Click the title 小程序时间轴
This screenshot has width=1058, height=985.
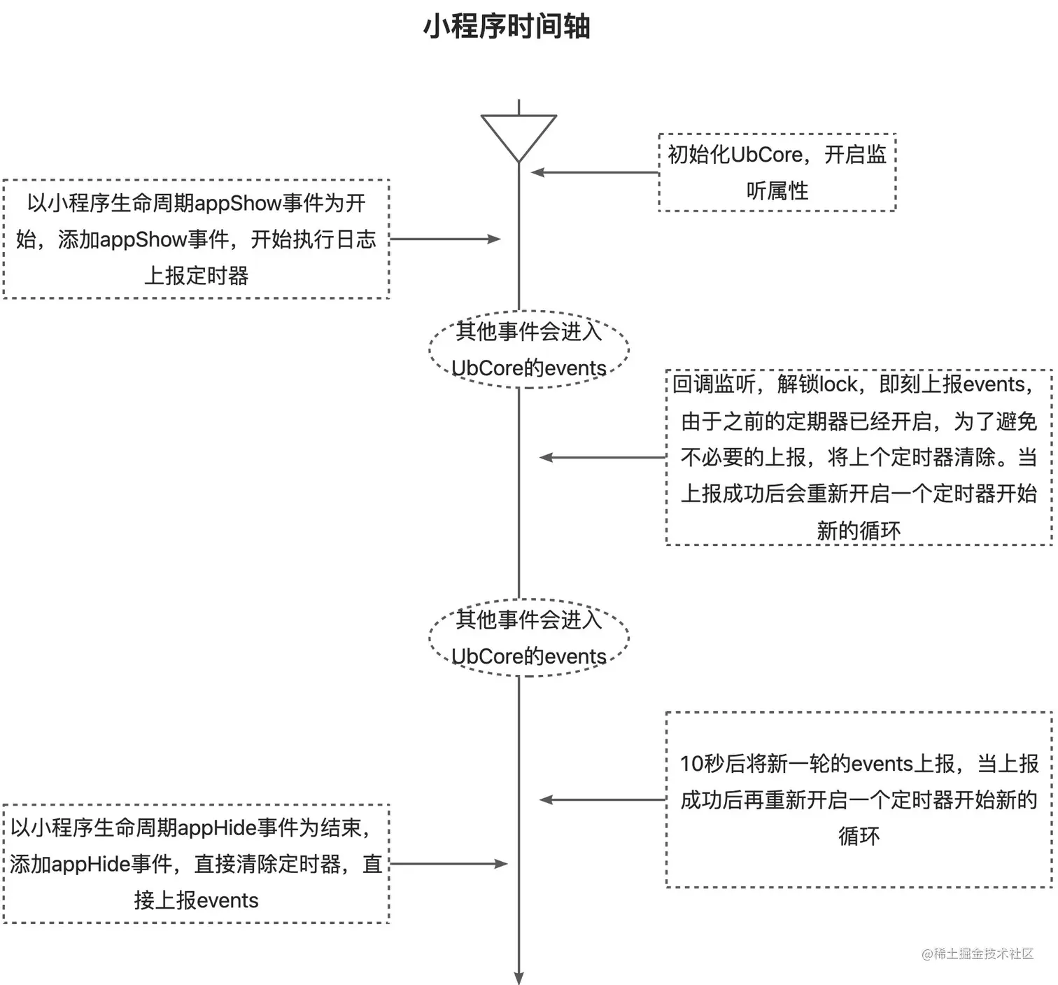click(507, 27)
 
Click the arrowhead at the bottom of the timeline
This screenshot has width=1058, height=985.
click(519, 978)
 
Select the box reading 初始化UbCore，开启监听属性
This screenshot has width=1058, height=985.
click(777, 172)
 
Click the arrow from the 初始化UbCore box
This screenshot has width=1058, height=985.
click(595, 172)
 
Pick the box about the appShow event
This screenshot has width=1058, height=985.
click(196, 239)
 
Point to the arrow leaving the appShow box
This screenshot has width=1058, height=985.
click(445, 239)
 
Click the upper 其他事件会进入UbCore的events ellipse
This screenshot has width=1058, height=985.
click(528, 349)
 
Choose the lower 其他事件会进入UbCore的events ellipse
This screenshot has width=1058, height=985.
click(528, 638)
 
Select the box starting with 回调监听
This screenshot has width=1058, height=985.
click(859, 457)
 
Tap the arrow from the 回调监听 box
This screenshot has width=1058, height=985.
click(602, 457)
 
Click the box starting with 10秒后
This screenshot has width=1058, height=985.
click(859, 799)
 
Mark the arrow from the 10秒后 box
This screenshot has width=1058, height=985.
click(602, 799)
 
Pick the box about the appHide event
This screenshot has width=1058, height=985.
click(196, 864)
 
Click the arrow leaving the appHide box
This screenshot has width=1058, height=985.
click(448, 864)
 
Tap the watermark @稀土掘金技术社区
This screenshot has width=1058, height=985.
click(978, 953)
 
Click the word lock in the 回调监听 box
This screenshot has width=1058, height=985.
click(838, 384)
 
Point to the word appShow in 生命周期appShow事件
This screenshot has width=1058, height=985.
click(238, 204)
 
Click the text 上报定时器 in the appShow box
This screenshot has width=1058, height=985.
click(196, 276)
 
